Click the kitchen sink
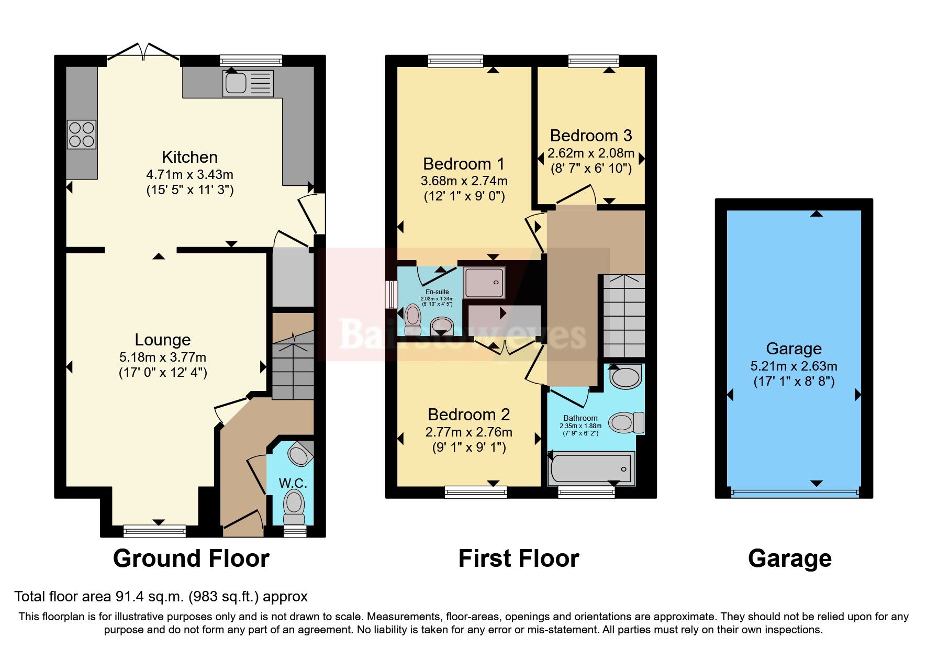pos(248,83)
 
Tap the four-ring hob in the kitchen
pos(82,134)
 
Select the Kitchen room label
pos(189,157)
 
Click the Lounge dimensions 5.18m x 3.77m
pos(163,357)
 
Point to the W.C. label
pos(293,483)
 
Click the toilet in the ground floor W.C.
pos(294,506)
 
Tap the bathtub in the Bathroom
pos(591,467)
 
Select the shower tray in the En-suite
pos(484,283)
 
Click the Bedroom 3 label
pos(591,136)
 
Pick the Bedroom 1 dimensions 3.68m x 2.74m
pos(464,181)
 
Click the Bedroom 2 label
pos(468,415)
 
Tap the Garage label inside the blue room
pos(794,349)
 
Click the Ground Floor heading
pos(191,558)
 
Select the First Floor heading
pos(519,558)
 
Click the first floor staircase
pos(624,316)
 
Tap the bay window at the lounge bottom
pos(155,531)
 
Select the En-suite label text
pos(437,292)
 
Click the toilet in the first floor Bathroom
pos(626,422)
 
